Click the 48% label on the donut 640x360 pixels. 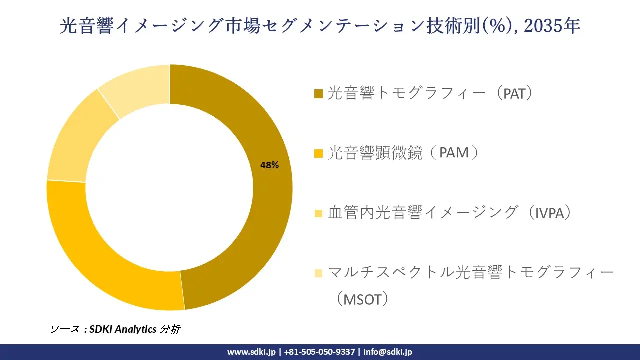[269, 165]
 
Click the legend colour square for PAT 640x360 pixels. [318, 94]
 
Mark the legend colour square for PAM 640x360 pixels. [318, 153]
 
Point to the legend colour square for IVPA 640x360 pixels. [318, 213]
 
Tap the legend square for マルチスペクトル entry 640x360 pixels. [318, 273]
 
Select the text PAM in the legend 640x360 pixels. [454, 153]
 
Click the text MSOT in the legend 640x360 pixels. [361, 299]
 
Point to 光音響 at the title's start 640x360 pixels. [83, 26]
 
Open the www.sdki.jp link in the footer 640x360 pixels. [251, 352]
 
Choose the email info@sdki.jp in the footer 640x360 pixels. [388, 352]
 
